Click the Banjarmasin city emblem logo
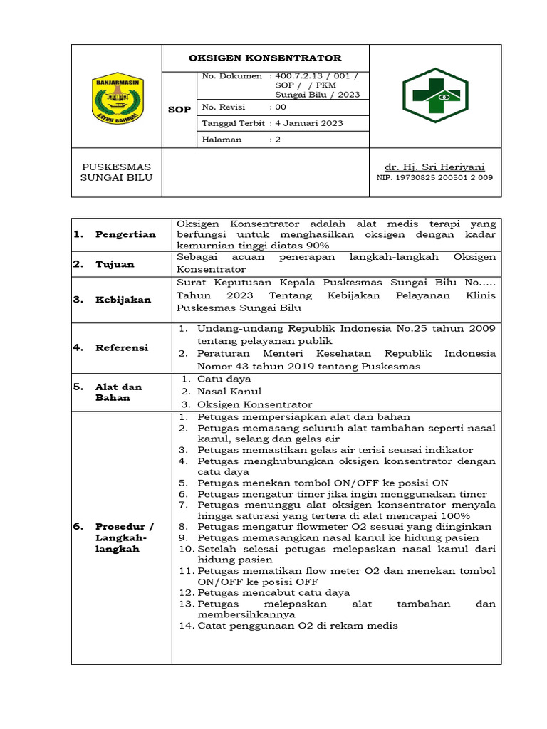(118, 98)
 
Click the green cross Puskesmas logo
(434, 95)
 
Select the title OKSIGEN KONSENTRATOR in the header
(265, 58)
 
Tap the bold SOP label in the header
(179, 110)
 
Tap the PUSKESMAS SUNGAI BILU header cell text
(117, 172)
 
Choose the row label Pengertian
(125, 235)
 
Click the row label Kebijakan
(123, 300)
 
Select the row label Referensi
(122, 347)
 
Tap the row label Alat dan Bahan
(118, 392)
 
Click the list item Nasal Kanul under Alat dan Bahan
(229, 391)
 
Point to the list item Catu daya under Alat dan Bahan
(224, 379)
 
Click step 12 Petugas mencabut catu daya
(273, 592)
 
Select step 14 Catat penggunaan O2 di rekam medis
(297, 626)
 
